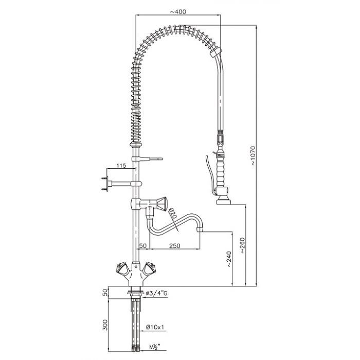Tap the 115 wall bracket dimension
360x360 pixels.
click(x=121, y=166)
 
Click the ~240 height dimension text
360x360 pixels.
click(x=229, y=262)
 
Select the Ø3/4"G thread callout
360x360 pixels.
click(x=160, y=294)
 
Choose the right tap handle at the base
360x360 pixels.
click(x=151, y=268)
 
